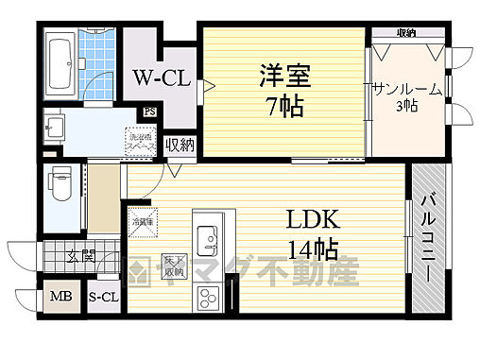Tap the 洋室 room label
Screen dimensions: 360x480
pos(283,74)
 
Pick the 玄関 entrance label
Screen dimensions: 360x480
pos(81,255)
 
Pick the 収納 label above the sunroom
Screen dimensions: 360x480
pos(406,34)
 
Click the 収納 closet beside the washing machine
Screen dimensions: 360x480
pos(179,146)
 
